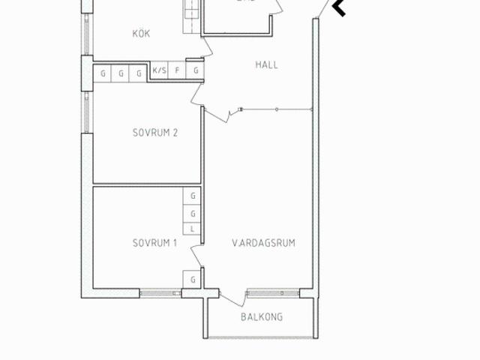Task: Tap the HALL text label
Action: pyautogui.click(x=266, y=65)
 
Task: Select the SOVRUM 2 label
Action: pyautogui.click(x=155, y=133)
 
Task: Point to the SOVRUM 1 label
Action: pyautogui.click(x=154, y=243)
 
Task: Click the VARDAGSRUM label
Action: pyautogui.click(x=262, y=243)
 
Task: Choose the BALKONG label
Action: pyautogui.click(x=262, y=317)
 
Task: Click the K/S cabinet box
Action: pyautogui.click(x=159, y=71)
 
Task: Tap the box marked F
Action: pyautogui.click(x=177, y=71)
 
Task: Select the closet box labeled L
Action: pyautogui.click(x=193, y=228)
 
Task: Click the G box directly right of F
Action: pyautogui.click(x=196, y=71)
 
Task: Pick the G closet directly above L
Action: pyautogui.click(x=193, y=212)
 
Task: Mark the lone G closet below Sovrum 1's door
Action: pyautogui.click(x=193, y=279)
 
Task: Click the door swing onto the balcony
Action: pyautogui.click(x=232, y=297)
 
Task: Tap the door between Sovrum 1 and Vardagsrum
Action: pyautogui.click(x=197, y=255)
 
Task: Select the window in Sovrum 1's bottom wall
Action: pyautogui.click(x=160, y=292)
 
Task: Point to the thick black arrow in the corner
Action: pyautogui.click(x=339, y=8)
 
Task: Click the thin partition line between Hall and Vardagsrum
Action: pyautogui.click(x=277, y=110)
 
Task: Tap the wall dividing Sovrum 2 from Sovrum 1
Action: pyautogui.click(x=147, y=184)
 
